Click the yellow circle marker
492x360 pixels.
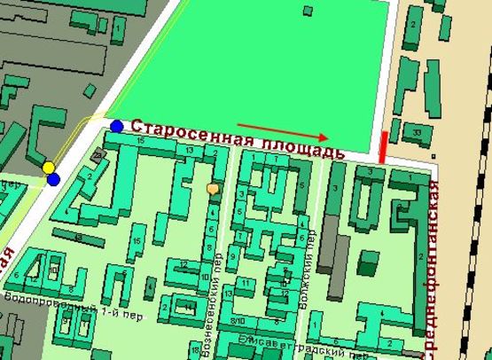coord(49,168)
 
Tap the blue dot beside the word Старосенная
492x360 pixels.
coord(117,126)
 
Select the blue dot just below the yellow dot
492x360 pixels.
coord(53,180)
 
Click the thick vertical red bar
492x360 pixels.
coord(382,147)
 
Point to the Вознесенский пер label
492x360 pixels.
coord(218,257)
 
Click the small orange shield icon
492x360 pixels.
coord(212,188)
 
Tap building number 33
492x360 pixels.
coord(417,133)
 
